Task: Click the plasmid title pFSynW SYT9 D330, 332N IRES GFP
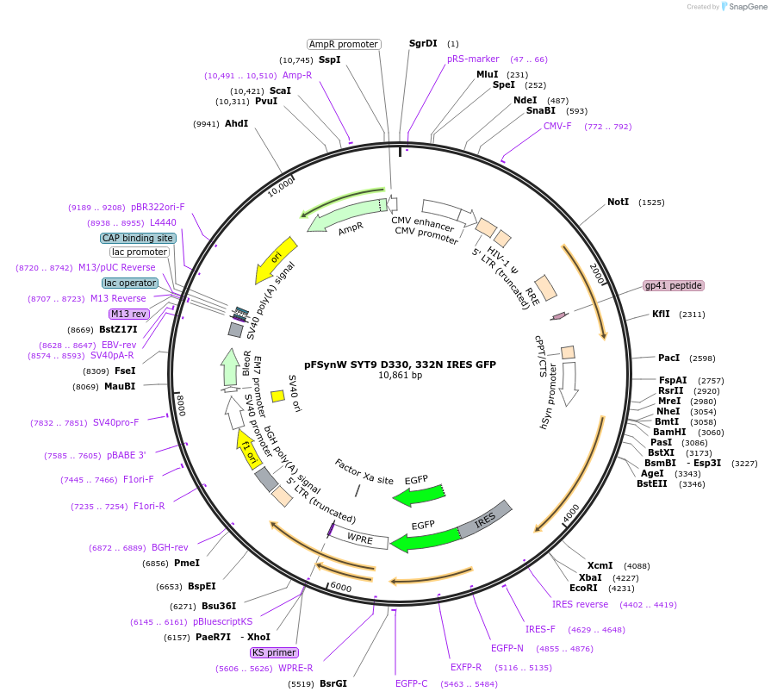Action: [400, 365]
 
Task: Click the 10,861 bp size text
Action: [400, 376]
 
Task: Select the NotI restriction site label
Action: [618, 202]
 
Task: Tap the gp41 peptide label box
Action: [674, 286]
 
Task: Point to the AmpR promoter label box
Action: [344, 44]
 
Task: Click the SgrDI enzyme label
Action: [423, 43]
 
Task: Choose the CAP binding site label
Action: [138, 238]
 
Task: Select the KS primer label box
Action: [275, 652]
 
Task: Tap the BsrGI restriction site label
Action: [333, 683]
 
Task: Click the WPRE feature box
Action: [359, 539]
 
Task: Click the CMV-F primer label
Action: [557, 126]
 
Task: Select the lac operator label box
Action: [130, 283]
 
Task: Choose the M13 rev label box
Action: [128, 314]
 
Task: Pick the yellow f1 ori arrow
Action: [246, 449]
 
